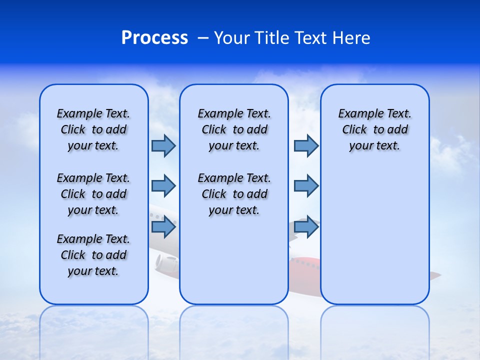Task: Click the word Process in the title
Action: tap(154, 38)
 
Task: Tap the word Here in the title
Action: tap(351, 38)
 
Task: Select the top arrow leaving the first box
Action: tap(163, 145)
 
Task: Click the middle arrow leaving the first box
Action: tap(163, 186)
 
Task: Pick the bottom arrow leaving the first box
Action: tap(163, 226)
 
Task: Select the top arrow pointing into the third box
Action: tap(306, 145)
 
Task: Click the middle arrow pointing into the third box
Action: tap(306, 186)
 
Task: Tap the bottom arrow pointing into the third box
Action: tap(306, 226)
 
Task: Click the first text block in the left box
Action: tap(93, 129)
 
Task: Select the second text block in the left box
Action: tap(93, 194)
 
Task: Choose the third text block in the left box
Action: tap(93, 255)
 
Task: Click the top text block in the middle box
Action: tap(234, 129)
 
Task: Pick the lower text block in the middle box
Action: tap(234, 194)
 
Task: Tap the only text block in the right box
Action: tap(374, 129)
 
